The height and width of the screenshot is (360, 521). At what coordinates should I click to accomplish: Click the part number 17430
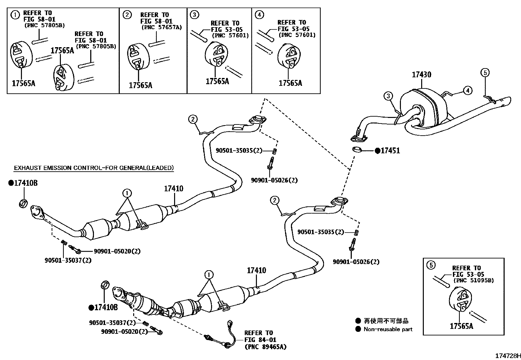click(421, 75)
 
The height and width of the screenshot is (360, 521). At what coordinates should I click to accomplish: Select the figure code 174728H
click(507, 356)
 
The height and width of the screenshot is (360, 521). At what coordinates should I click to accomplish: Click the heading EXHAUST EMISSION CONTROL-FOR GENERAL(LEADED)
click(94, 168)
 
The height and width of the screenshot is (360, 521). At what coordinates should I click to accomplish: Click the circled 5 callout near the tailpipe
click(485, 73)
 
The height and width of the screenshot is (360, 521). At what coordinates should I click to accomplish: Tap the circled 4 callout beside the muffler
click(468, 90)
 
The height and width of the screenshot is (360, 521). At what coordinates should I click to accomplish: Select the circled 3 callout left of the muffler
click(388, 96)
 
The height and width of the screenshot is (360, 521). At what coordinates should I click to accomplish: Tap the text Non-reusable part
click(388, 329)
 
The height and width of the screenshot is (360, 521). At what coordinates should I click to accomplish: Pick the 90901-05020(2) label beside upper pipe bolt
click(117, 251)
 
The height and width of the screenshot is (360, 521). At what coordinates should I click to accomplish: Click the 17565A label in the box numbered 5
click(461, 326)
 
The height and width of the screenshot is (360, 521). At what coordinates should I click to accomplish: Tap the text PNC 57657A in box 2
click(161, 28)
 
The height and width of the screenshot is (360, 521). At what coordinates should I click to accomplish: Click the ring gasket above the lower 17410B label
click(104, 285)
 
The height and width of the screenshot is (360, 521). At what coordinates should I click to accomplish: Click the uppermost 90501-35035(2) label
click(239, 150)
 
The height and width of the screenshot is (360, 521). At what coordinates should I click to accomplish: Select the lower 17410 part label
click(256, 271)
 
